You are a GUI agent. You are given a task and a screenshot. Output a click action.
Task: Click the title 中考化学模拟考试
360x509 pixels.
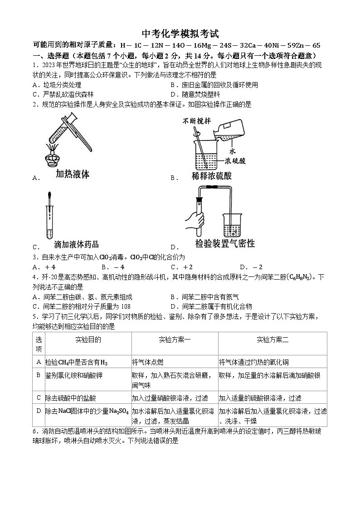180,34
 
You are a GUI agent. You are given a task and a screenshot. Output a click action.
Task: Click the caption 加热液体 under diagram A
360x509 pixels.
73,175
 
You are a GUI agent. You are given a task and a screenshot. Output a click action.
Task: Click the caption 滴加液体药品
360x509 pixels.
76,244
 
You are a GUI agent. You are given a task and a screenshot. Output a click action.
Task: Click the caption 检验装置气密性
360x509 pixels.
225,243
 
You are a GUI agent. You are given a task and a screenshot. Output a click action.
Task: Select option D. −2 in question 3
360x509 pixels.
251,267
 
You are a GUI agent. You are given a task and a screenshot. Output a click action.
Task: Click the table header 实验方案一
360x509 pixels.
175,339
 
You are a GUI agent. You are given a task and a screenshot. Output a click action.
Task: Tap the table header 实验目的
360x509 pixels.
88,339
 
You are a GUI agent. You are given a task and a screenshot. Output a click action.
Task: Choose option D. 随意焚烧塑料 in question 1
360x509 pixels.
195,94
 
